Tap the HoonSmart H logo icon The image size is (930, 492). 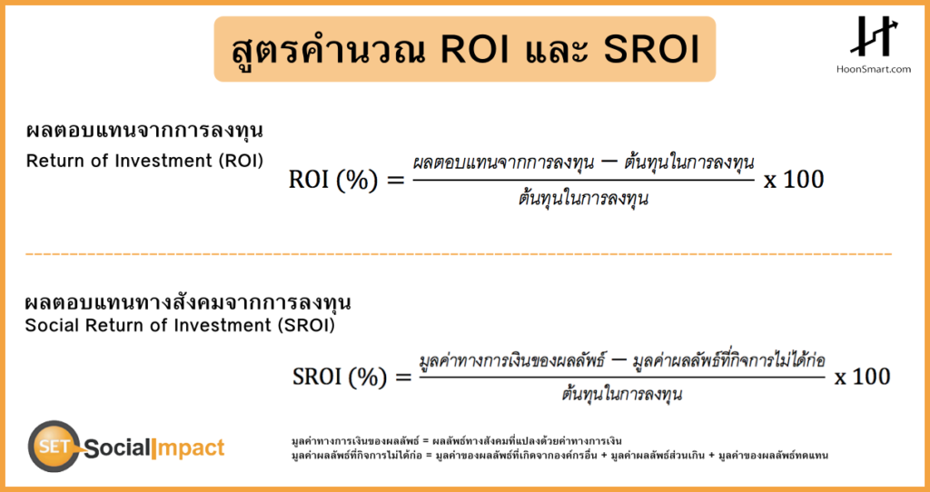(875, 36)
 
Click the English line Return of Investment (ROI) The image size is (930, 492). (144, 161)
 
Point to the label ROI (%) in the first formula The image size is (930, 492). (332, 179)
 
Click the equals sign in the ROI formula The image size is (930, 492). (394, 180)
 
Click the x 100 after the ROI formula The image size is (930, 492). (794, 179)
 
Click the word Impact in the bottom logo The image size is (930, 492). (189, 448)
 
